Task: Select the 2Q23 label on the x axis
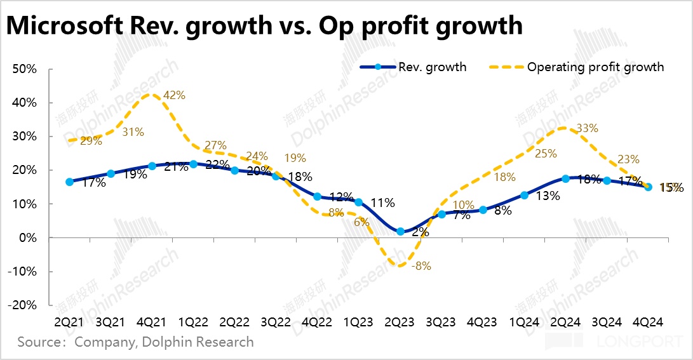pyautogui.click(x=400, y=323)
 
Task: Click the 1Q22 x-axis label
pyautogui.click(x=193, y=323)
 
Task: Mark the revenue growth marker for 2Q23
pyautogui.click(x=400, y=232)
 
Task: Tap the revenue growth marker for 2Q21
pyautogui.click(x=69, y=182)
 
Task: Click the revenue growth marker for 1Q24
pyautogui.click(x=524, y=196)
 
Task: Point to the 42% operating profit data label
pyautogui.click(x=173, y=95)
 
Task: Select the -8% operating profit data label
pyautogui.click(x=421, y=267)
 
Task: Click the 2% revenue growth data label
pyautogui.click(x=421, y=232)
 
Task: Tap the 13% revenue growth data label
pyautogui.click(x=547, y=196)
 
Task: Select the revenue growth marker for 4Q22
pyautogui.click(x=317, y=197)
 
